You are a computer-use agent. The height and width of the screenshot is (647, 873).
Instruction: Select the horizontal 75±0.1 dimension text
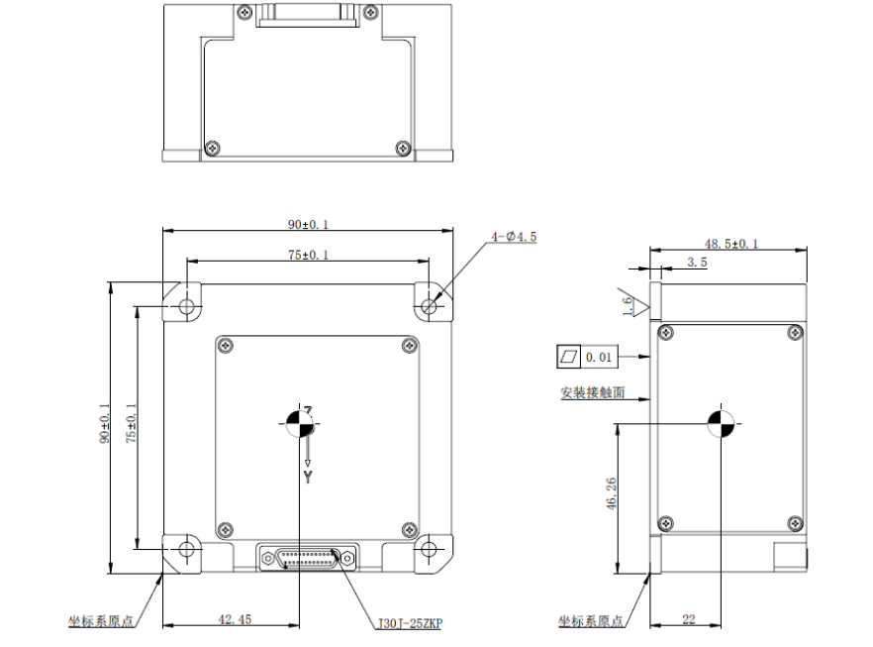point(308,255)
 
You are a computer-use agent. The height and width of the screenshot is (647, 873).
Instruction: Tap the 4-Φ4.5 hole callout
point(514,238)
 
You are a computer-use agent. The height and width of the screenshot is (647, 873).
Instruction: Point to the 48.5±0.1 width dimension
point(730,243)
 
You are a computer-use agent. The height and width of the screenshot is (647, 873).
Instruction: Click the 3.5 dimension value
point(697,263)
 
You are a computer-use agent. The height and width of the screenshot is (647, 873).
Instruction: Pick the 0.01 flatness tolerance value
point(599,356)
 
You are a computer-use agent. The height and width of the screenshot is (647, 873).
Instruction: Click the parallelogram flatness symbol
point(569,356)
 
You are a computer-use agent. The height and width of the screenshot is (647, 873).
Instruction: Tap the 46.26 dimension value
point(611,494)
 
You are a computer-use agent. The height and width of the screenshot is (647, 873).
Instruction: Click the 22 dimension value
point(688,619)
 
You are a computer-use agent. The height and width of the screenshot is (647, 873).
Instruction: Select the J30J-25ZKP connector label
point(410,624)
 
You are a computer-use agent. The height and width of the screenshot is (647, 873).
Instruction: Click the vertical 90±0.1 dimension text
point(104,423)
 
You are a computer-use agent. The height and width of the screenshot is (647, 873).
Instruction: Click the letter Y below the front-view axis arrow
point(308,477)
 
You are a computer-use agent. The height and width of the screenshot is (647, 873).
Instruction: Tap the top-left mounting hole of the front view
point(186,306)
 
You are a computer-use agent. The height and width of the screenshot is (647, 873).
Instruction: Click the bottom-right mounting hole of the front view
point(429,548)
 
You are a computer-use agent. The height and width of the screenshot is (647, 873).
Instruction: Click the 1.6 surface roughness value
point(628,306)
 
